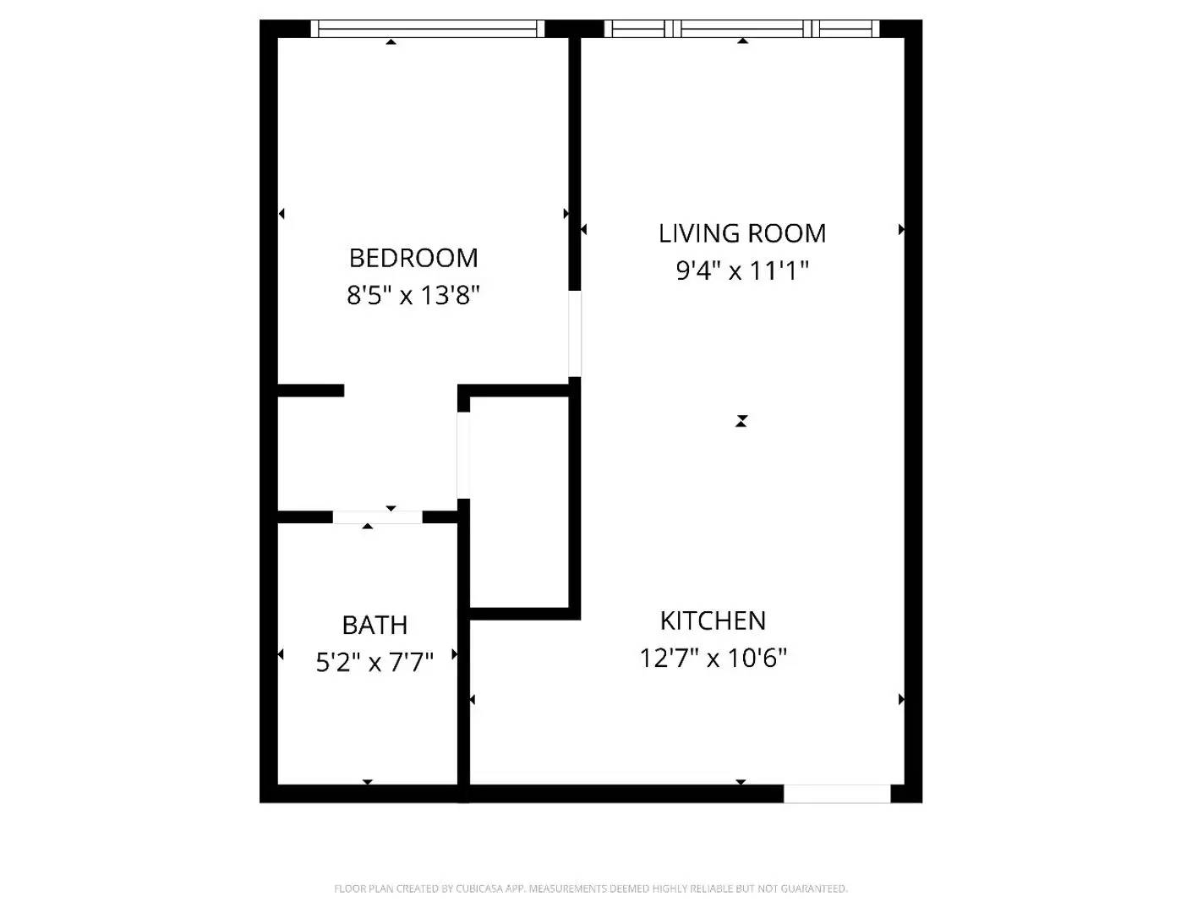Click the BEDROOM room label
(413, 258)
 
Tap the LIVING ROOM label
(742, 233)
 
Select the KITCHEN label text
(713, 621)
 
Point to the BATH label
(375, 626)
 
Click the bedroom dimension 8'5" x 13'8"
(413, 295)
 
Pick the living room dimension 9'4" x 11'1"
(742, 271)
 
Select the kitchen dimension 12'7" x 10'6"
(713, 658)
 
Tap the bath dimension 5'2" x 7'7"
(375, 662)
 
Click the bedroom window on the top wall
(428, 29)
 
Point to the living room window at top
(742, 29)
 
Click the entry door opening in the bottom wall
(837, 794)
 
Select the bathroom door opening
(377, 517)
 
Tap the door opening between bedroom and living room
(575, 334)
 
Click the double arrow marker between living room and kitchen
(741, 421)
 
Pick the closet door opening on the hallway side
(463, 456)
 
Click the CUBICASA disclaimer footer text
(590, 888)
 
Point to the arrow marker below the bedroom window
(391, 41)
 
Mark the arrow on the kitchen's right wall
(901, 699)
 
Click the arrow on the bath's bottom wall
(367, 782)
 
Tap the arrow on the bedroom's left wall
(282, 214)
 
